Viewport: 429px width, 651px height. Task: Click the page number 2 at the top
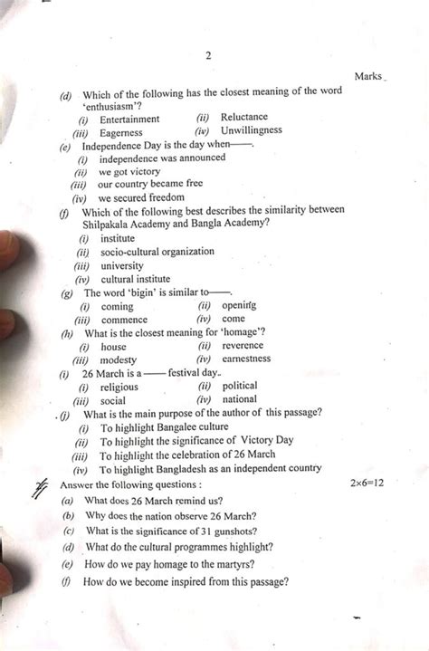[x=208, y=54]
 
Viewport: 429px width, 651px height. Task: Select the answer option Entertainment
[x=129, y=119]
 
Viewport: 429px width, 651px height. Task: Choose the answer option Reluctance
[x=243, y=117]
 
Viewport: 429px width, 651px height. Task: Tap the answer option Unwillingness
[x=251, y=130]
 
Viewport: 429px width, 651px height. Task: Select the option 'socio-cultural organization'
[x=157, y=252]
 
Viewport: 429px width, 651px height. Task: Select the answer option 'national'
[x=239, y=399]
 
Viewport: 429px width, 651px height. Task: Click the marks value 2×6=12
[x=367, y=483]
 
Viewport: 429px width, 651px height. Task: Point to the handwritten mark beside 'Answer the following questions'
[x=40, y=489]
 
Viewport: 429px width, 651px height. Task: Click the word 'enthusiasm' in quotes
[x=113, y=105]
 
